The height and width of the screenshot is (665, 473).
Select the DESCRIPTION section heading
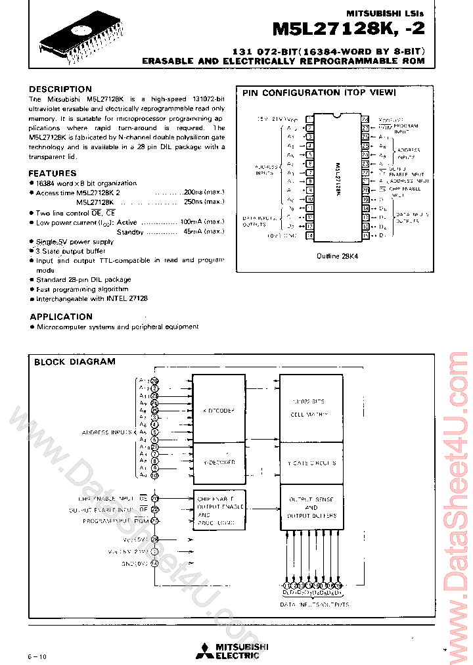[x=60, y=89]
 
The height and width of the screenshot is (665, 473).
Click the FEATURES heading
[x=53, y=173]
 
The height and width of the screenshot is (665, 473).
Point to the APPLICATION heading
[x=61, y=317]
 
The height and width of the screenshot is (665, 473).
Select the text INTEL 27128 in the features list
[x=128, y=298]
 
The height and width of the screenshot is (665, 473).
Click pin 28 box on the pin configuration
[x=365, y=119]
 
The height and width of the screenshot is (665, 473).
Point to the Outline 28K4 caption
[x=337, y=256]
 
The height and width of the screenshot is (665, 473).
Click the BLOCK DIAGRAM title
[x=74, y=361]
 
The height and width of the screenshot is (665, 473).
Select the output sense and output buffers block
[x=311, y=507]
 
